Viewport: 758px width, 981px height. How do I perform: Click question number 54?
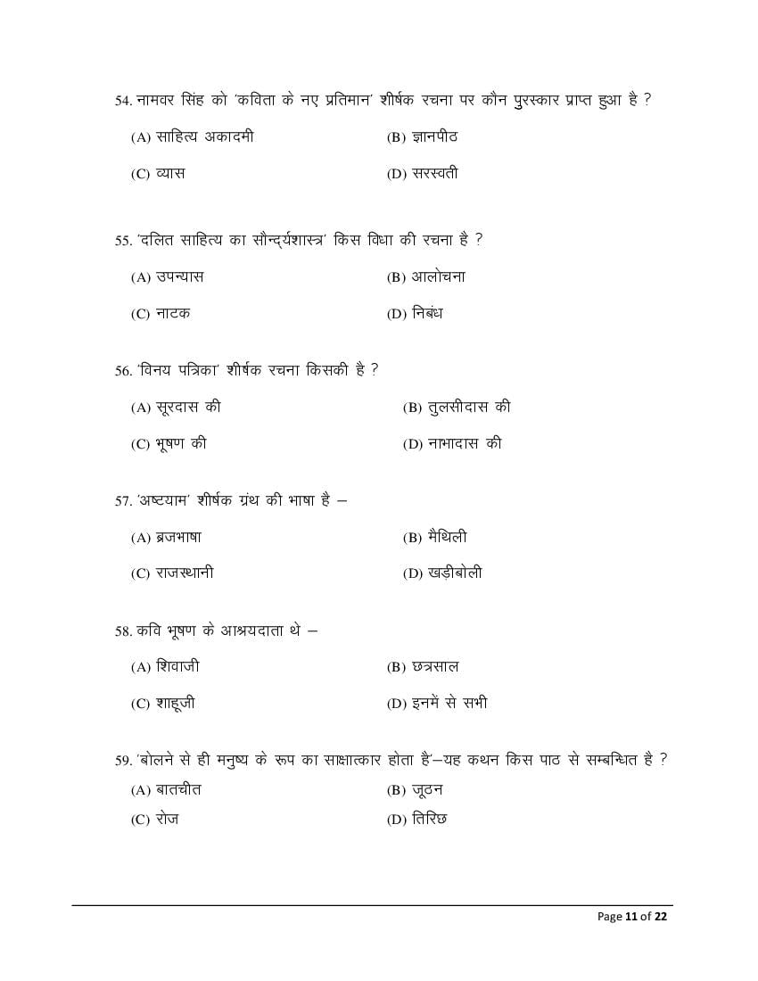click(x=123, y=101)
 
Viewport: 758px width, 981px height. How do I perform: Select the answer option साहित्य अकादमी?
click(x=204, y=137)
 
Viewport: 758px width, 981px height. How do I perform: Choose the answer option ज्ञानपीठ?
click(x=434, y=137)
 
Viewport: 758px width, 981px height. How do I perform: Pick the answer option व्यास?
click(x=170, y=174)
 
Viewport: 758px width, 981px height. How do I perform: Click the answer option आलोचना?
click(x=438, y=277)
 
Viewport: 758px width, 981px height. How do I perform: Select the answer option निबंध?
click(x=427, y=313)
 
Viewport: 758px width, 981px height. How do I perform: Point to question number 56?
click(x=123, y=371)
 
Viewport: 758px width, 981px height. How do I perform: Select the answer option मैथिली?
click(x=447, y=538)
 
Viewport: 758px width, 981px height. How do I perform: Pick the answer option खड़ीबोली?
click(x=455, y=573)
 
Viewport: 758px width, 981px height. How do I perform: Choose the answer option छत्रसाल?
click(x=435, y=667)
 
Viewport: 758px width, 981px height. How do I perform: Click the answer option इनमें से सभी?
click(x=449, y=703)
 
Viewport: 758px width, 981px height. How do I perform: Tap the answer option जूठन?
click(x=427, y=790)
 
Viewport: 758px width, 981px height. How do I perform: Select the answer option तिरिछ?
click(x=429, y=819)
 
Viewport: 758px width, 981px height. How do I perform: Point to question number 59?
click(x=123, y=761)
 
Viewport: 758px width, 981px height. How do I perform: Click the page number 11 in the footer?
click(x=631, y=916)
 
